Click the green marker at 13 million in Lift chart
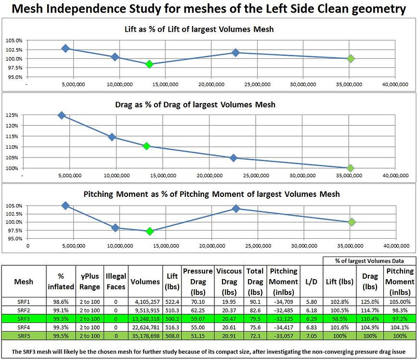(149, 64)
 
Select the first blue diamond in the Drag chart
(62, 115)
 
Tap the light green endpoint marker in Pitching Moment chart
(352, 222)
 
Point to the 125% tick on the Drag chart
(12, 116)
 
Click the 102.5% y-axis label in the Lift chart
(13, 50)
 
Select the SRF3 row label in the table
(24, 319)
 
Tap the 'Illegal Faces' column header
(116, 282)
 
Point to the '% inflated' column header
(61, 282)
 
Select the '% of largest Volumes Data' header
(369, 260)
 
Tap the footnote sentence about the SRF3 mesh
(209, 350)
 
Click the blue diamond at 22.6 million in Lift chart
(235, 52)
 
